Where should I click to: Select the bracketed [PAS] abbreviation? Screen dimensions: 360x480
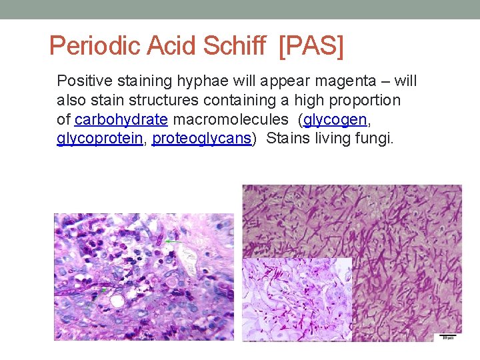pos(311,45)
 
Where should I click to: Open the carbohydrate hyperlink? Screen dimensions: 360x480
pos(121,120)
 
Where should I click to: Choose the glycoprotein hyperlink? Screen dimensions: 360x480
pos(99,139)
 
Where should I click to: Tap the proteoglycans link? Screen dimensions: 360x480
pos(202,139)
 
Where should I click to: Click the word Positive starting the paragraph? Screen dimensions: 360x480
pos(84,81)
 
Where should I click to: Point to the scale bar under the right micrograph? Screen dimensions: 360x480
pos(447,335)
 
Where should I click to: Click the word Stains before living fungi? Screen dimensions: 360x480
pos(287,139)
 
